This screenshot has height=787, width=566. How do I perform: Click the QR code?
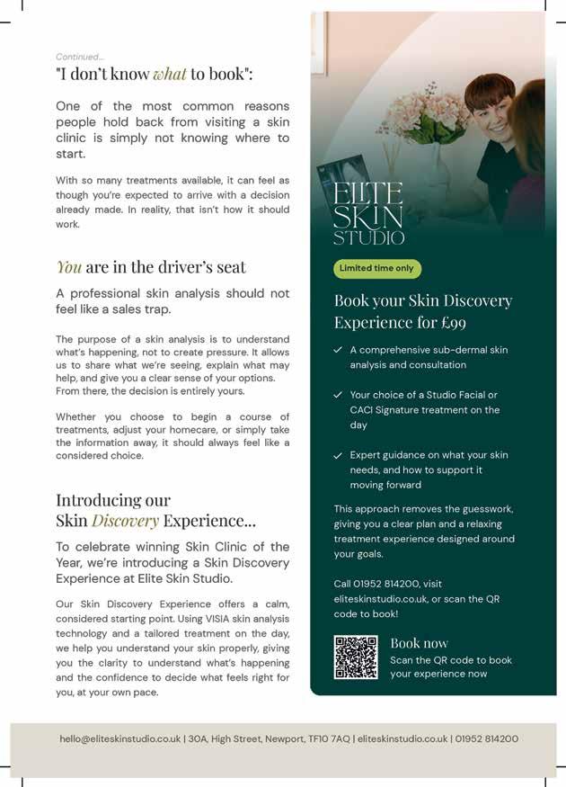(356, 657)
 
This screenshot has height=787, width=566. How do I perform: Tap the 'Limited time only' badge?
(377, 268)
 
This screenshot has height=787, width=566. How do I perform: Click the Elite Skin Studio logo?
(368, 212)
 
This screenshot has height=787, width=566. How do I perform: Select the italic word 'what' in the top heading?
(169, 74)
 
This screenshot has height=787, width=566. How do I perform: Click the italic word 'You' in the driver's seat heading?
(69, 266)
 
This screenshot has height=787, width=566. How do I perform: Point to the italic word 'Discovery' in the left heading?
(125, 520)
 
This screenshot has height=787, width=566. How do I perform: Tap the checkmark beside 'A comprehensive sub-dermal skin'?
(338, 350)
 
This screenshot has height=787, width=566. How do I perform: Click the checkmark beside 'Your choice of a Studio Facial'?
(338, 395)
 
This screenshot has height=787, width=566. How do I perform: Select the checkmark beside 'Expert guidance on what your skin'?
(338, 455)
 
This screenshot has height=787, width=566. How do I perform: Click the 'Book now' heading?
(419, 643)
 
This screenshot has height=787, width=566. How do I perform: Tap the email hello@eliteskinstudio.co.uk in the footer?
(119, 738)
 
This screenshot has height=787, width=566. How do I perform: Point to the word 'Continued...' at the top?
(80, 57)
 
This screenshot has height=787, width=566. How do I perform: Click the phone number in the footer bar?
(487, 738)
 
